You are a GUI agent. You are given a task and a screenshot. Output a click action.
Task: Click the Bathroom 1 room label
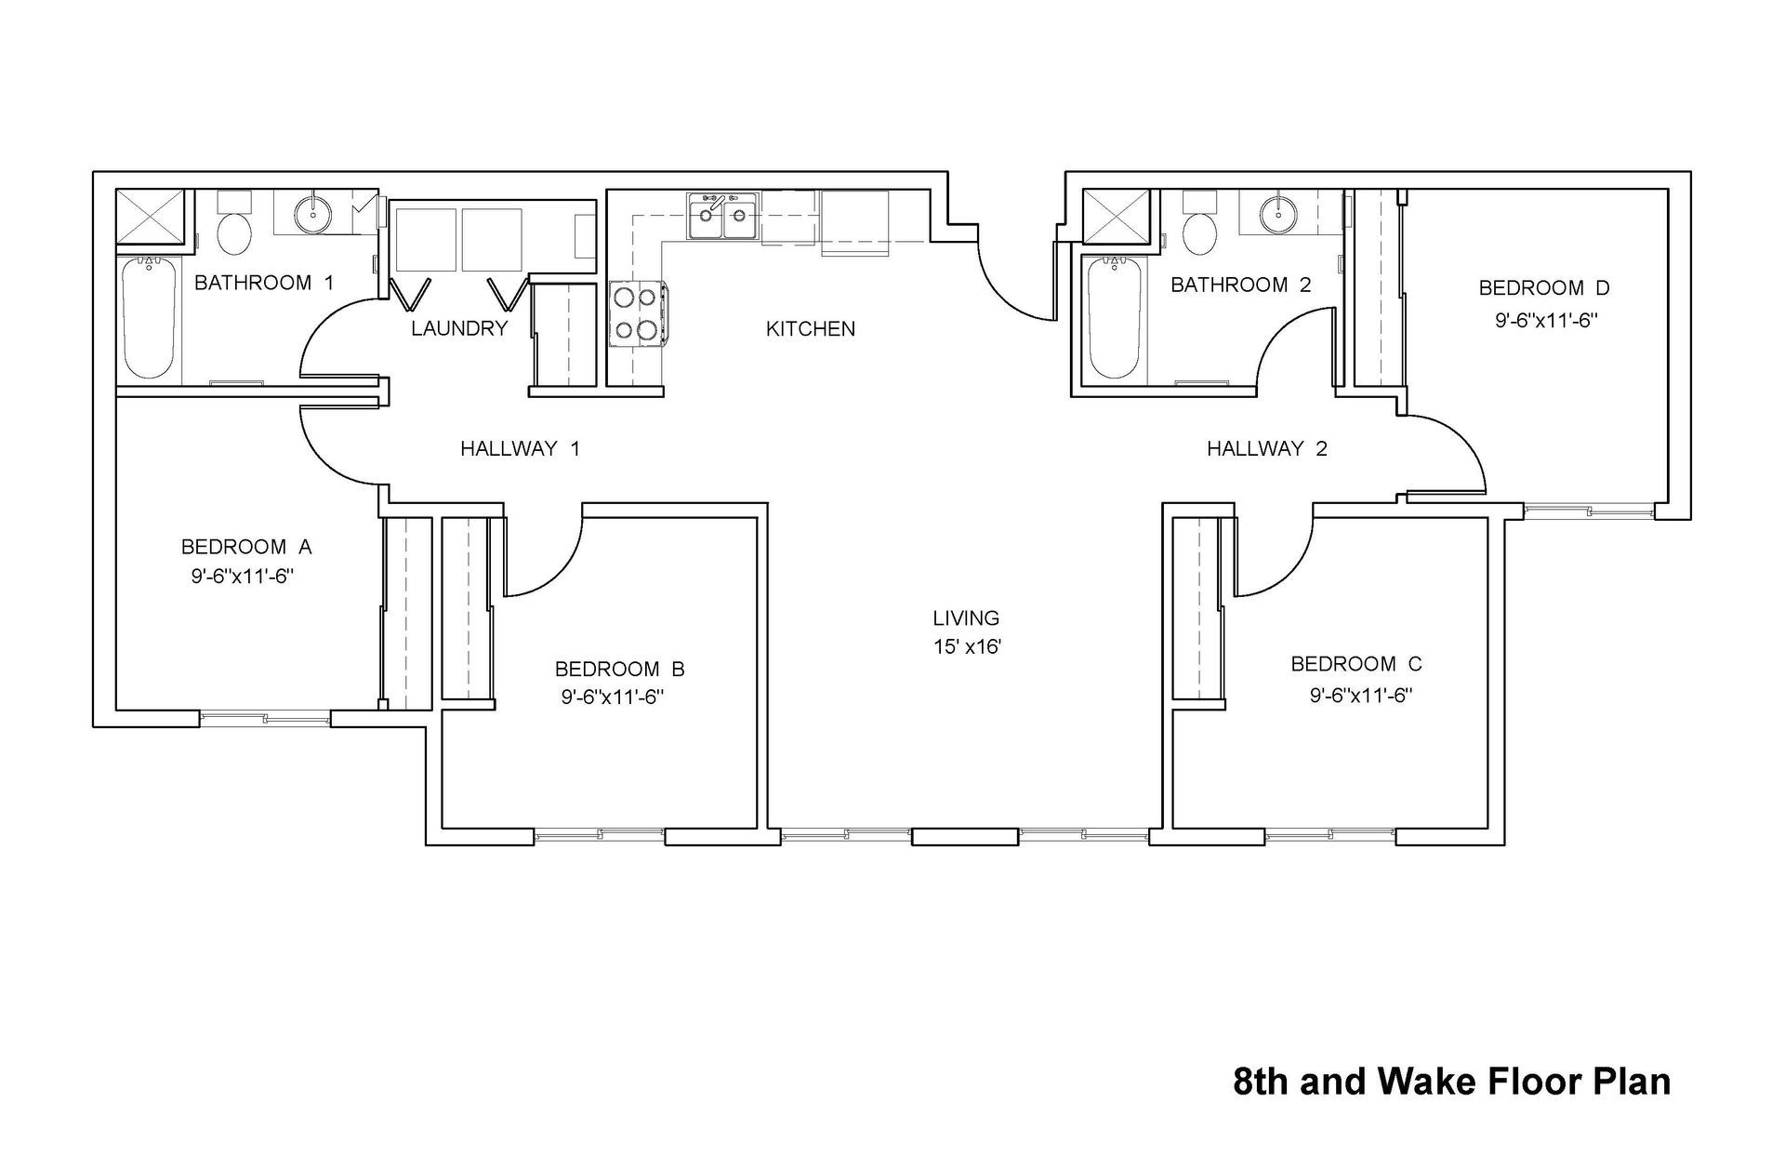pyautogui.click(x=263, y=283)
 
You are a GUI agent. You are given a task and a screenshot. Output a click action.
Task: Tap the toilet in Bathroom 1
pyautogui.click(x=232, y=229)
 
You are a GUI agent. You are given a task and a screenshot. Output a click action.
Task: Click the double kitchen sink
pyautogui.click(x=722, y=216)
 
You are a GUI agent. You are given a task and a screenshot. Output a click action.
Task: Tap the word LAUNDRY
pyautogui.click(x=459, y=328)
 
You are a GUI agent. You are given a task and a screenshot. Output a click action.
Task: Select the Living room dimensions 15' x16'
pyautogui.click(x=967, y=646)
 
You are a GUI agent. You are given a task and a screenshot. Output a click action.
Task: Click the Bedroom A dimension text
pyautogui.click(x=243, y=576)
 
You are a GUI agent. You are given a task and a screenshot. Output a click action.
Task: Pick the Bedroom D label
pyautogui.click(x=1544, y=288)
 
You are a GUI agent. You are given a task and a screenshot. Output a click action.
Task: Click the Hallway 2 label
pyautogui.click(x=1266, y=449)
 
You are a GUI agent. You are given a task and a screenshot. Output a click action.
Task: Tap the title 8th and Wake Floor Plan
pyautogui.click(x=1451, y=1082)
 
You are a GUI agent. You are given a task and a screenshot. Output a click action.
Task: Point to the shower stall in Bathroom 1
pyautogui.click(x=151, y=219)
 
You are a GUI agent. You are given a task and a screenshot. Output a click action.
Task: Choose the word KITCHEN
pyautogui.click(x=810, y=329)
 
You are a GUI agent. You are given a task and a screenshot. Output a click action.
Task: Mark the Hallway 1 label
pyautogui.click(x=520, y=449)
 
